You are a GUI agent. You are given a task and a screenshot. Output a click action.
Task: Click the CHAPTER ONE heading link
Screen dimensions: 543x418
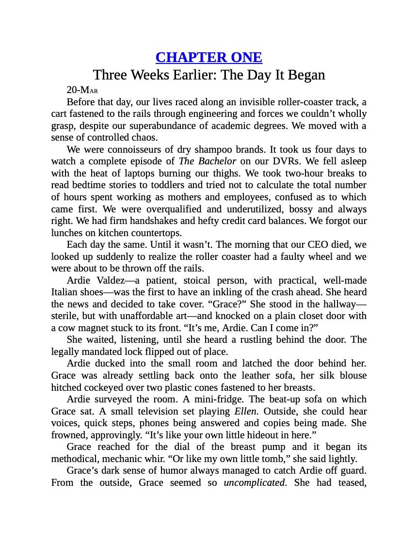(209, 57)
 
